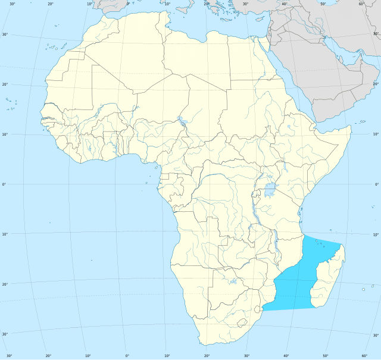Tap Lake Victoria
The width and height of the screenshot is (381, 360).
click(271, 190)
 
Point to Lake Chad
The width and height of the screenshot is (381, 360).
click(181, 126)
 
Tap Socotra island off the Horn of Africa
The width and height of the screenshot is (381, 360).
click(361, 122)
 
